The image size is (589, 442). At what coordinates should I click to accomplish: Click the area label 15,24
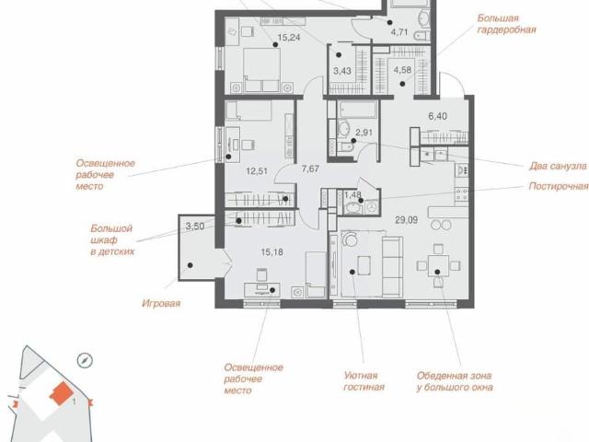(x=288, y=37)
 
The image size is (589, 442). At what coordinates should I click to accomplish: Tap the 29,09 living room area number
(x=407, y=220)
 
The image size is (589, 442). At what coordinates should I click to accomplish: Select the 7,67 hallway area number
(x=310, y=169)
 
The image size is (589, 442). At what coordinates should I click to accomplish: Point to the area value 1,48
(x=352, y=194)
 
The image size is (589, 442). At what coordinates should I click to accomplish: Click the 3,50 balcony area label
(x=195, y=226)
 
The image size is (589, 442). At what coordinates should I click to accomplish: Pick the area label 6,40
(x=438, y=116)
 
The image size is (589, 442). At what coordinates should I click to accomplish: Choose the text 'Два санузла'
(x=558, y=166)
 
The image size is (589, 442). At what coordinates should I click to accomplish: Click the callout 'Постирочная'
(x=559, y=186)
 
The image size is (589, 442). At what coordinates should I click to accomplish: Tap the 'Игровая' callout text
(x=161, y=303)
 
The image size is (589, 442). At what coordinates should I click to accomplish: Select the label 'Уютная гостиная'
(x=364, y=381)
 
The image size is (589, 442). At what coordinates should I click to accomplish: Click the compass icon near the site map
(x=85, y=360)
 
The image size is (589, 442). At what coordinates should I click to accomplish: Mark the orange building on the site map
(x=62, y=393)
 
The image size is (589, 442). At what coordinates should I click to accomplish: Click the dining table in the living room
(x=438, y=265)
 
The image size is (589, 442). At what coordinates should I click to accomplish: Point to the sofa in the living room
(x=393, y=267)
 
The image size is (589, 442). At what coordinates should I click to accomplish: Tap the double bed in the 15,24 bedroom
(x=261, y=70)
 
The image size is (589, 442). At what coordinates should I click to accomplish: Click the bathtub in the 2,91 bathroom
(x=357, y=109)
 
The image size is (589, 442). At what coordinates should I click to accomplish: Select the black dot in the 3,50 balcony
(x=191, y=265)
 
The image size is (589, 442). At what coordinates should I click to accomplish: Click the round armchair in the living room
(x=350, y=238)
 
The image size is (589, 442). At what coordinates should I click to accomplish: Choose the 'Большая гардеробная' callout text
(x=506, y=24)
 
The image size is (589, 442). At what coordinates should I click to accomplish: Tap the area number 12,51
(x=257, y=171)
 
